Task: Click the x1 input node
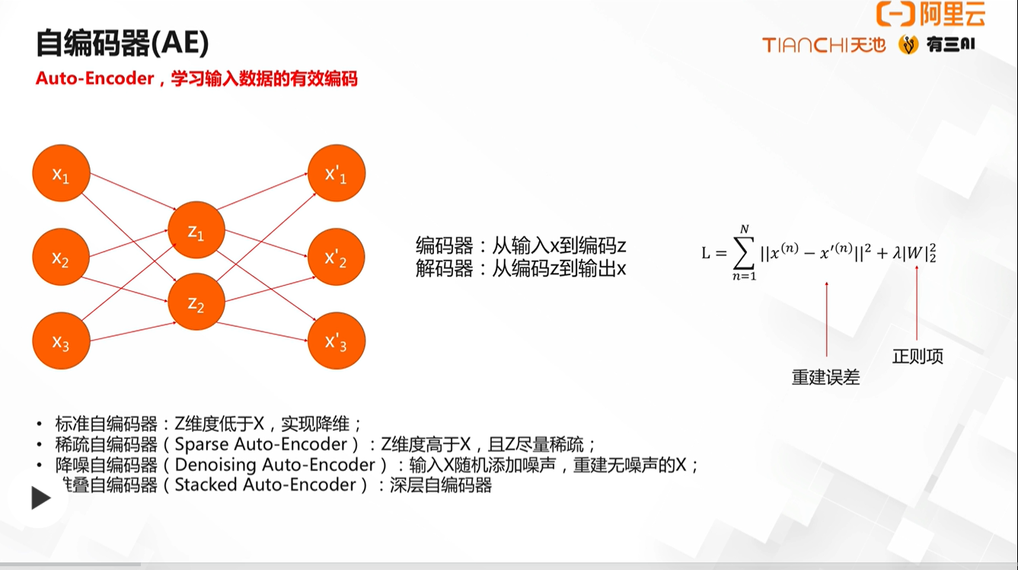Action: pyautogui.click(x=62, y=173)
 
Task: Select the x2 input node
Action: pyautogui.click(x=61, y=257)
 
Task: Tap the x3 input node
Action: pyautogui.click(x=62, y=341)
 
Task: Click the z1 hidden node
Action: pyautogui.click(x=196, y=230)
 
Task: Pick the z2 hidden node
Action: pyautogui.click(x=196, y=302)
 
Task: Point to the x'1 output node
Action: pyautogui.click(x=337, y=173)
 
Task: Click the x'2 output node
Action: pyautogui.click(x=337, y=257)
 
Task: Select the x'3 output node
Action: pyautogui.click(x=337, y=341)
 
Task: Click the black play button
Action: pyautogui.click(x=40, y=498)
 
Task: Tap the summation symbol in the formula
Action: pyautogui.click(x=744, y=252)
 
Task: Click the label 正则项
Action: pyautogui.click(x=917, y=357)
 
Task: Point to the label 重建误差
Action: pyautogui.click(x=826, y=377)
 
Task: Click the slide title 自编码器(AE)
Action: pyautogui.click(x=123, y=43)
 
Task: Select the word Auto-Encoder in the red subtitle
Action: pyautogui.click(x=95, y=78)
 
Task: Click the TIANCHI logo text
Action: pyautogui.click(x=804, y=45)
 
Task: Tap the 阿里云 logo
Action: pyautogui.click(x=930, y=14)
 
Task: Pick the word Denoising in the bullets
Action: pyautogui.click(x=214, y=465)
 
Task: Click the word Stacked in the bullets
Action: pyautogui.click(x=206, y=485)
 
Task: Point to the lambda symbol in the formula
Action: pyautogui.click(x=897, y=252)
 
